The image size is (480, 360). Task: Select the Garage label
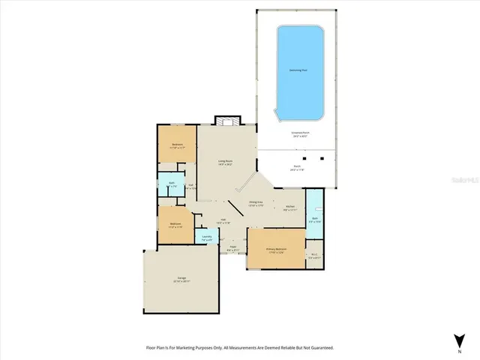(182, 280)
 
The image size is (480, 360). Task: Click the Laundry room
(206, 238)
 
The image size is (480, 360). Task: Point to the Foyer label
(233, 248)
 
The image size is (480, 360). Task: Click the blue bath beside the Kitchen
(315, 220)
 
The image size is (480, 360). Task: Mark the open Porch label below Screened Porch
(298, 167)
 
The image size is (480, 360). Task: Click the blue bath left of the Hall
(172, 184)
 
